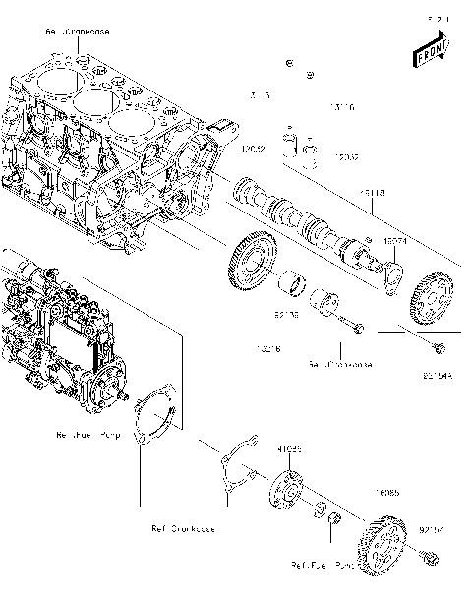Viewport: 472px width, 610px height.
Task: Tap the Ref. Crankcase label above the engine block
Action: tap(78, 32)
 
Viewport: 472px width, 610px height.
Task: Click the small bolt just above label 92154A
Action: tap(439, 348)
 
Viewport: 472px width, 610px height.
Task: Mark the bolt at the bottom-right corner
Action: tap(429, 560)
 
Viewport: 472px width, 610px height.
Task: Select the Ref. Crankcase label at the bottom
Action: tap(183, 529)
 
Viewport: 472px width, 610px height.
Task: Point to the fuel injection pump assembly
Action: tap(59, 335)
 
